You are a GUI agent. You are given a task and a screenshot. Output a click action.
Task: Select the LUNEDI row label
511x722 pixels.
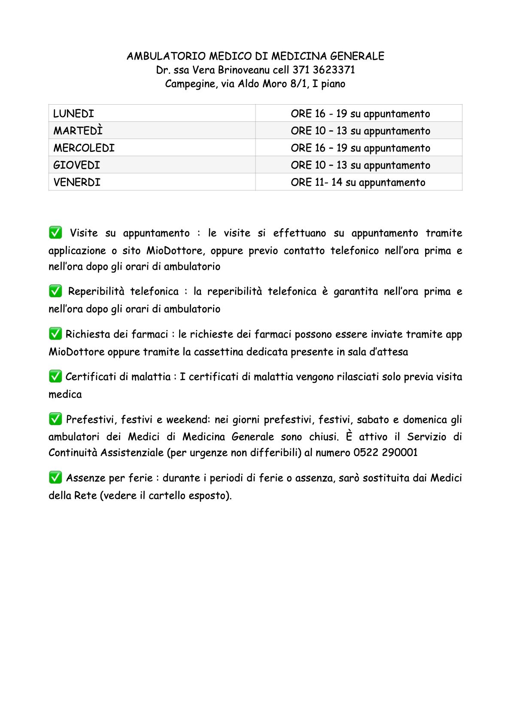[x=73, y=114]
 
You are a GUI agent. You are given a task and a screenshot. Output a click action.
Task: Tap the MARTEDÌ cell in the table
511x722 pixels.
[x=78, y=131]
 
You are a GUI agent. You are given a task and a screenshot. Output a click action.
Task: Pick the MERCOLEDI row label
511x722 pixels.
[x=84, y=148]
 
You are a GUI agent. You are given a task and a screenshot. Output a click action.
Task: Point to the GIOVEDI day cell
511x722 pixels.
[x=76, y=165]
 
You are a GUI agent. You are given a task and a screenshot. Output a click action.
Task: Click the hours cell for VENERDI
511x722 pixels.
[x=358, y=182]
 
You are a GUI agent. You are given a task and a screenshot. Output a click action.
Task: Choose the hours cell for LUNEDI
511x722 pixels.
[x=360, y=114]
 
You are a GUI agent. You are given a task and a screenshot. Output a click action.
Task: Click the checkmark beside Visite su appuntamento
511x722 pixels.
[x=55, y=233]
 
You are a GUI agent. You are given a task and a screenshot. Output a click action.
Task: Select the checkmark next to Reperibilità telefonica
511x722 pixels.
[x=55, y=291]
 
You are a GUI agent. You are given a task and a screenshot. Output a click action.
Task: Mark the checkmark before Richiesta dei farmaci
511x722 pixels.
[x=55, y=334]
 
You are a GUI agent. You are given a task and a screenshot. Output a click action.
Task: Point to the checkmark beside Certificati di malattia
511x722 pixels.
[x=55, y=376]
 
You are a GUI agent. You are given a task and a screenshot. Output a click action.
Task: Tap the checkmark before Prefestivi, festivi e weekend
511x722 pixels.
[x=55, y=419]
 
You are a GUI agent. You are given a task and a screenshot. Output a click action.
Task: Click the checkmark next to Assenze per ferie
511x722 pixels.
[x=55, y=477]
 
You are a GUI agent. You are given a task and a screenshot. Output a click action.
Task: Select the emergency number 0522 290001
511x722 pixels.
[x=385, y=453]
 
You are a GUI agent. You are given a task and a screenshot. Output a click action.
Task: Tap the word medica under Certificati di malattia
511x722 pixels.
[x=65, y=394]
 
